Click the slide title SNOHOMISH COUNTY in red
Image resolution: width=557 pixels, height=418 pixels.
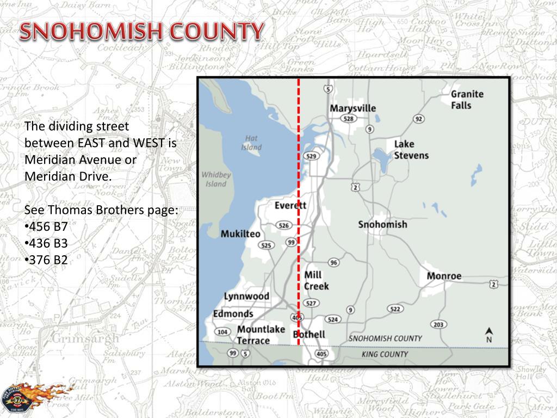pos(142,32)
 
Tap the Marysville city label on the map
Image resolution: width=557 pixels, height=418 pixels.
pos(352,108)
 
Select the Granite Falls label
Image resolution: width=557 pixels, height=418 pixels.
pos(467,100)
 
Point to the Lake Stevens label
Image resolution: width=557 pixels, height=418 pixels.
pos(411,150)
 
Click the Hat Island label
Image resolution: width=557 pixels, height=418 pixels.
pos(251,143)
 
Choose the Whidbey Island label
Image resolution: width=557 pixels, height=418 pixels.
pos(216,179)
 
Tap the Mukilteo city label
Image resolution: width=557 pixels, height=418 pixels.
pos(240,234)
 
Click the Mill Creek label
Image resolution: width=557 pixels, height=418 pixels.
pos(316,280)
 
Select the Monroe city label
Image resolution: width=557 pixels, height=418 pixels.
pos(443,276)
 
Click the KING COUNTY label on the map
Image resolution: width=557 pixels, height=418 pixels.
pos(384,354)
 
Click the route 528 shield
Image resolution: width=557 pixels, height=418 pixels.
pos(349,119)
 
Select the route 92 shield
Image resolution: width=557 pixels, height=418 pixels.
pos(418,119)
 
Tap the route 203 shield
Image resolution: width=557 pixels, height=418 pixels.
pos(438,325)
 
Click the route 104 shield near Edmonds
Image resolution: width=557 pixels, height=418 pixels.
pos(222,332)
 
